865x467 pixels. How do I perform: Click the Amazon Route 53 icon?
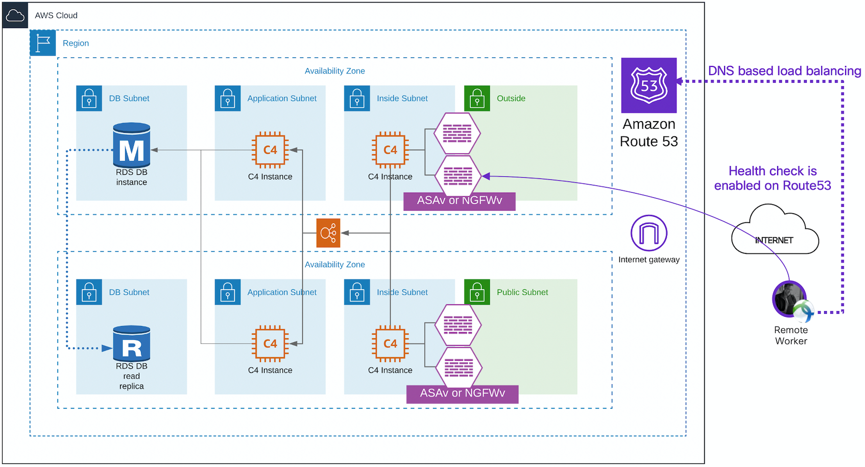coord(648,85)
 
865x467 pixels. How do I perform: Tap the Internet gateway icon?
coord(648,233)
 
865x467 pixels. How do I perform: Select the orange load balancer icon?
coord(328,233)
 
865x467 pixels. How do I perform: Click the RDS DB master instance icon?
coord(132,146)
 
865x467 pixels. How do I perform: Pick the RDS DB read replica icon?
coord(132,343)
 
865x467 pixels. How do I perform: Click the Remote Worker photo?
coord(789,299)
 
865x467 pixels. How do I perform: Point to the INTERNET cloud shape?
coord(774,232)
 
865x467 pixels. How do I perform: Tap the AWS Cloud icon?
coord(15,15)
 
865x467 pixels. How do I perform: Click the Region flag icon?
coord(43,43)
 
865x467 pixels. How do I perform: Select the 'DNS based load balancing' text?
coord(784,71)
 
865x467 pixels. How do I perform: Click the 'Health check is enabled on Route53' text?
coord(772,178)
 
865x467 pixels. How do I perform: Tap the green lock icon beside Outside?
coord(477,98)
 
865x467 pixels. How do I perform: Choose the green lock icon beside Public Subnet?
coord(477,292)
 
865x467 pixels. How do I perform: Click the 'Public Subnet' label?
coord(522,292)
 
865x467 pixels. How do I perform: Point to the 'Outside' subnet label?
coord(511,99)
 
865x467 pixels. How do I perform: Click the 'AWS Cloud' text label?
coord(56,15)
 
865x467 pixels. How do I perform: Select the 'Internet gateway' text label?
coord(648,260)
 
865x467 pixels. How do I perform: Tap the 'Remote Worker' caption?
coord(790,336)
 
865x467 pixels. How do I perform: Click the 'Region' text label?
coord(76,43)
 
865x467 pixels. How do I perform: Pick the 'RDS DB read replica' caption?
coord(132,376)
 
